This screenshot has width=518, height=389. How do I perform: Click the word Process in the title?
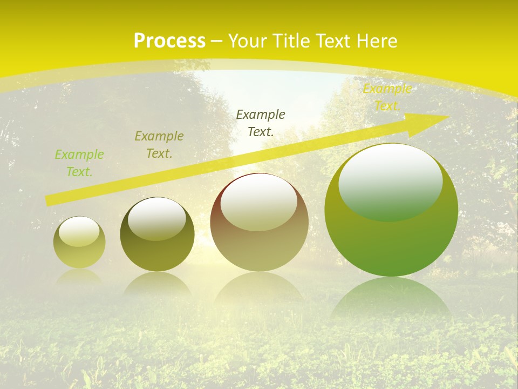(x=169, y=41)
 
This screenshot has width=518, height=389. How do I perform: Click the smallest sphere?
(x=79, y=243)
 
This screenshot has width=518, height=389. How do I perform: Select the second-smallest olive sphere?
(x=157, y=235)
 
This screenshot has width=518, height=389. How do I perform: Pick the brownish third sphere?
(x=259, y=223)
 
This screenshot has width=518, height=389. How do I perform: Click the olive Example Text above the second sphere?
(x=159, y=145)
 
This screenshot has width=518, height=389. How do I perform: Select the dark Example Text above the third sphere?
(x=261, y=123)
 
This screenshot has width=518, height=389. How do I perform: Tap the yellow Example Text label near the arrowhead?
(x=387, y=97)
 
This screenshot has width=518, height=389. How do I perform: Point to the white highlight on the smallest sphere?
(x=79, y=231)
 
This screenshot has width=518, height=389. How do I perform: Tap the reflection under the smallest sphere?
(x=79, y=277)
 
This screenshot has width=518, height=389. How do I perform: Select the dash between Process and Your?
(x=217, y=41)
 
